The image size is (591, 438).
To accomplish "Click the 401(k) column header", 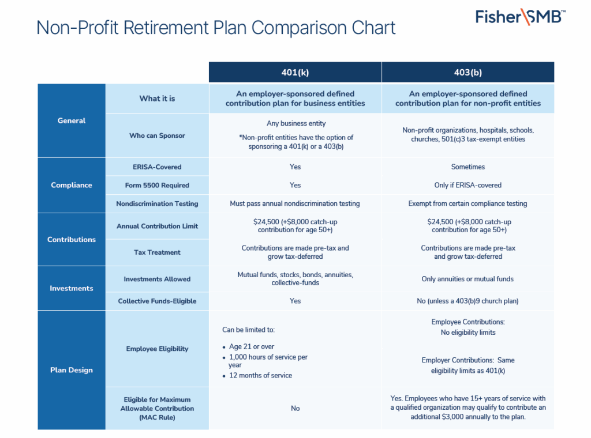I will click(295, 73).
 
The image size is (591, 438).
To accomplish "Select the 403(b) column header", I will click(467, 73).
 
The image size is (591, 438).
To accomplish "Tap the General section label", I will click(72, 120).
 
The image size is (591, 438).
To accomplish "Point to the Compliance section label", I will click(72, 185).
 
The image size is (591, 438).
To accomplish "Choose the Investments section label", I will click(72, 288).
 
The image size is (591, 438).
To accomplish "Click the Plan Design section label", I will click(72, 370).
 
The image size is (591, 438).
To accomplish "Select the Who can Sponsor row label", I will click(157, 135).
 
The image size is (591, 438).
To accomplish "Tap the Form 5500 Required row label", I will click(157, 185).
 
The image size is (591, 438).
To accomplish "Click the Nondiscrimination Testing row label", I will click(157, 203).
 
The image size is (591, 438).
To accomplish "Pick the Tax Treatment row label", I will click(157, 252).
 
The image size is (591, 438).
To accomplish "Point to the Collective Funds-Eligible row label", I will click(157, 301).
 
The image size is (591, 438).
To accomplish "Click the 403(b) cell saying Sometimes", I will click(467, 167).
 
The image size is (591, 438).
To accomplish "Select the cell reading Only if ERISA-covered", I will click(467, 185).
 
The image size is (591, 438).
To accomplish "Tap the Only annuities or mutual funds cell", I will click(467, 279).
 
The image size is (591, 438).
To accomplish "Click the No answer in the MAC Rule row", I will click(295, 408).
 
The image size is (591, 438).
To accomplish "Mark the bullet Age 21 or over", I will click(252, 347).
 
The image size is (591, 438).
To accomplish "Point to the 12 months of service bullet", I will click(260, 375).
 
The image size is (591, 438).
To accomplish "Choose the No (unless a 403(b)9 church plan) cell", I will click(467, 301).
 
